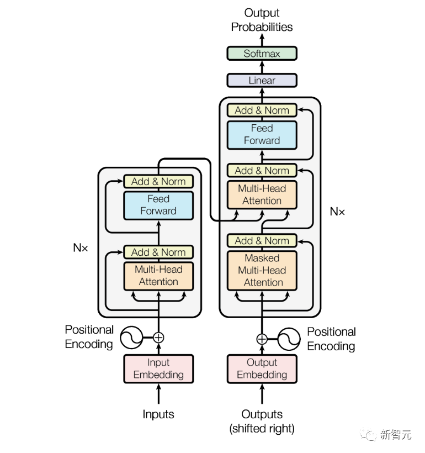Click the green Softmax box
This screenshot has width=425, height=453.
pyautogui.click(x=262, y=54)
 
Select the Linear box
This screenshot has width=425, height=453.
pyautogui.click(x=262, y=80)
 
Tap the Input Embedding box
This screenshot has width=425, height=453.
pyautogui.click(x=158, y=368)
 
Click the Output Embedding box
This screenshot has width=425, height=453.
pyautogui.click(x=262, y=368)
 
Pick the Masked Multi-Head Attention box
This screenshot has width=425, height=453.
pyautogui.click(x=262, y=270)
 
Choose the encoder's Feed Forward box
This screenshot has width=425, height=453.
pyautogui.click(x=158, y=206)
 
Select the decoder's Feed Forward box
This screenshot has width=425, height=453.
pyautogui.click(x=262, y=135)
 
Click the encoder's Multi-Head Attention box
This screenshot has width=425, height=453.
pyautogui.click(x=158, y=276)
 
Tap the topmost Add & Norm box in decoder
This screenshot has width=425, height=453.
pyautogui.click(x=262, y=110)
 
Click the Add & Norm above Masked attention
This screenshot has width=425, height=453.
pyautogui.click(x=262, y=241)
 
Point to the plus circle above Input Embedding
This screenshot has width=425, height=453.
pyautogui.click(x=158, y=338)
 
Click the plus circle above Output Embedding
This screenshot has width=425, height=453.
pyautogui.click(x=262, y=339)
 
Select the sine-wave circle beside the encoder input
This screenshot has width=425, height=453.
pyautogui.click(x=131, y=338)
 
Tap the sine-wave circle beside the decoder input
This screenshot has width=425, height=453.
pyautogui.click(x=289, y=339)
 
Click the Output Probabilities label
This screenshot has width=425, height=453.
pyautogui.click(x=262, y=20)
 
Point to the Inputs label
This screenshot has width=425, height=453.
pyautogui.click(x=158, y=414)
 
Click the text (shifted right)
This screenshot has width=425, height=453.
pyautogui.click(x=262, y=429)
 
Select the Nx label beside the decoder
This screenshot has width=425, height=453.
pyautogui.click(x=337, y=212)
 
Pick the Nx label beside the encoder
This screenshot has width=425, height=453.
pyautogui.click(x=81, y=248)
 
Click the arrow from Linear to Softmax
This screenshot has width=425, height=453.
pyautogui.click(x=262, y=67)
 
